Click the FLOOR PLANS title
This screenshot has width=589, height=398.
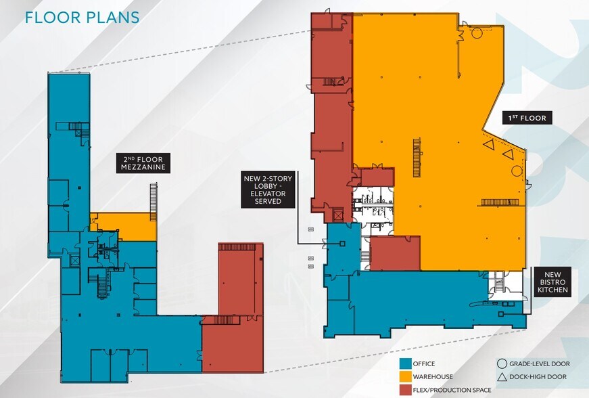click(x=82, y=18)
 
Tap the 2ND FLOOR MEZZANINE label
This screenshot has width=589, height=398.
click(x=143, y=163)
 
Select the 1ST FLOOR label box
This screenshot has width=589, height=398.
click(x=527, y=118)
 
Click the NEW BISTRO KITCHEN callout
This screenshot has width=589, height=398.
click(x=552, y=282)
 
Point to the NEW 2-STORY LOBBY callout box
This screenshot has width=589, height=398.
click(x=268, y=190)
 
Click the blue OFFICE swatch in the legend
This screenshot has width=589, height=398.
click(x=405, y=363)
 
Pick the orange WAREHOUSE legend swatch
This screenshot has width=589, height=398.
click(x=405, y=376)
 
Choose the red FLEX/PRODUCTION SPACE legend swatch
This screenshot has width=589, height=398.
click(x=405, y=390)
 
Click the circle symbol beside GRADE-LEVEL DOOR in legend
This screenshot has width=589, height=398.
click(x=502, y=363)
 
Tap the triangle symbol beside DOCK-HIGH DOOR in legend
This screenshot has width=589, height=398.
click(x=502, y=377)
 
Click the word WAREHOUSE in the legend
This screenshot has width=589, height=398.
click(x=433, y=376)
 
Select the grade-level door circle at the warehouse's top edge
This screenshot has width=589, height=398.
click(x=477, y=33)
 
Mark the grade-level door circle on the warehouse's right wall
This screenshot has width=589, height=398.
click(x=517, y=171)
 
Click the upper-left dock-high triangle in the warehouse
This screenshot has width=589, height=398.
click(x=488, y=144)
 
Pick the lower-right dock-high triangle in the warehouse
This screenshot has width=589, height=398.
click(x=509, y=154)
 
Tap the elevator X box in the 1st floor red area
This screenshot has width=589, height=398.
click(x=338, y=215)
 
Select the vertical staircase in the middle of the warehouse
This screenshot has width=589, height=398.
click(x=417, y=158)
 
